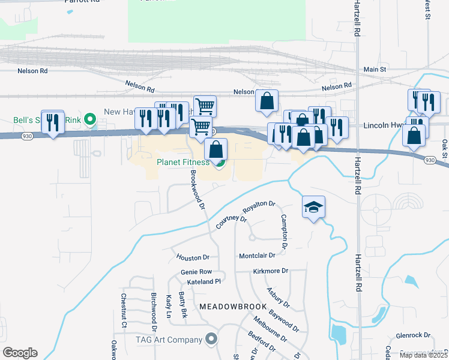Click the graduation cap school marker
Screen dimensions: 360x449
pos(313,208)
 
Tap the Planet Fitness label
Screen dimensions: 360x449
pos(183,162)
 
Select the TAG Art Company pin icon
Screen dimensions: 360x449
pos(211,340)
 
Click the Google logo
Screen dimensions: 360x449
pos(20,353)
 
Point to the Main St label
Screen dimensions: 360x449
pos(375,70)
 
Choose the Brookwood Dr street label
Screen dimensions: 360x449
pos(198,189)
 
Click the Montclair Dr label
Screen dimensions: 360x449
pos(257,256)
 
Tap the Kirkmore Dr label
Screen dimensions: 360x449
pos(271,271)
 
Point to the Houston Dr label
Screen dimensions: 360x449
pos(193,257)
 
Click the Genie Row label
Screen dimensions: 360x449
pos(196,272)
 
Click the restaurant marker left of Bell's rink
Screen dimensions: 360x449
pos(53,122)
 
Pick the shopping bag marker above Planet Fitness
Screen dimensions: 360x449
pos(216,149)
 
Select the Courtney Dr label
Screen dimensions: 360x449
pos(231,222)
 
